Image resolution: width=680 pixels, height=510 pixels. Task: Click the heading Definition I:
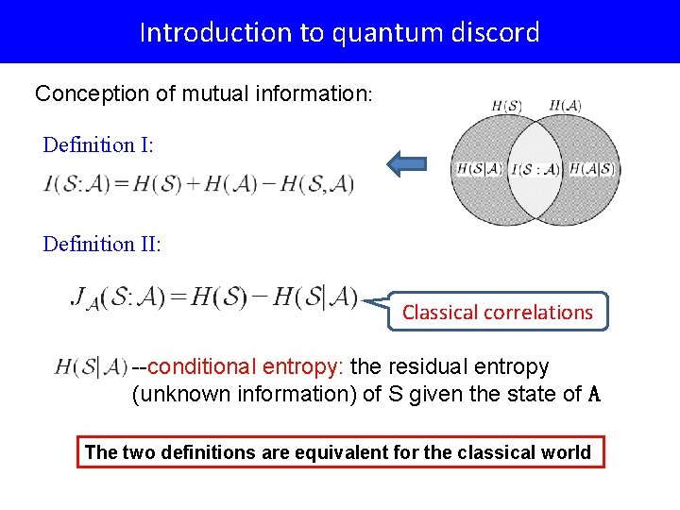point(98,144)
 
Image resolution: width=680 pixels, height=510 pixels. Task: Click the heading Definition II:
point(102,244)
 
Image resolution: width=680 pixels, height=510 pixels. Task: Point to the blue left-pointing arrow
point(407,163)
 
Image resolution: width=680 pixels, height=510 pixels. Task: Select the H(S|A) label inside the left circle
point(477,169)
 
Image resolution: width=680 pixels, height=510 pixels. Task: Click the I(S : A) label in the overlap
point(535,170)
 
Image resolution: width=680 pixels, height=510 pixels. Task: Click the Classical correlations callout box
point(498,312)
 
